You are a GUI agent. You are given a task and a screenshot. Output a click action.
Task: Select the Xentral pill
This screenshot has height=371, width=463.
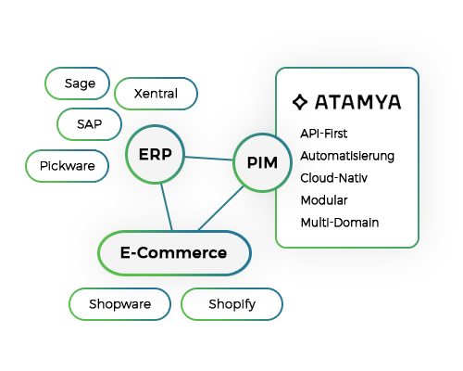tap(156, 94)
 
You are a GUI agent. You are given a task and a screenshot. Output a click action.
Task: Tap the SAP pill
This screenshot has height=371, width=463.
tap(89, 124)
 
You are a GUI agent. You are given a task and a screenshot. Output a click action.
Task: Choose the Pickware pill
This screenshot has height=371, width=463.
tap(67, 166)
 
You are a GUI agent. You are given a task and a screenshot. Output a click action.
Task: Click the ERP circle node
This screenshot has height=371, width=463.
tap(155, 154)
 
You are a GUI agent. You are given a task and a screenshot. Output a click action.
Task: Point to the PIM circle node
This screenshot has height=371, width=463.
tap(262, 162)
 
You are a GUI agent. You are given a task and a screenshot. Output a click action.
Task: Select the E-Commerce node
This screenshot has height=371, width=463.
tap(174, 253)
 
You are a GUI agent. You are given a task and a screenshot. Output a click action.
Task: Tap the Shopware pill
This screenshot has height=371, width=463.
tap(119, 304)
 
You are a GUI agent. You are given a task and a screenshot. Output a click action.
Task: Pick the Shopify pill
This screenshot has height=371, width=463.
tap(231, 304)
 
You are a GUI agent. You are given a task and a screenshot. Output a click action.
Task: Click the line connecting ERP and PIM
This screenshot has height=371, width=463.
tap(209, 159)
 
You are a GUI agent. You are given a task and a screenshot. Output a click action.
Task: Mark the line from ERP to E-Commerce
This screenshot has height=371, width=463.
tap(167, 207)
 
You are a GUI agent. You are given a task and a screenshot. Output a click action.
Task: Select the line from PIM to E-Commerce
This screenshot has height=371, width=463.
tap(221, 209)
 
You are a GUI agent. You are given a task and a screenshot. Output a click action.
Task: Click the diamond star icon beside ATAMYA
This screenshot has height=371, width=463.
tap(300, 102)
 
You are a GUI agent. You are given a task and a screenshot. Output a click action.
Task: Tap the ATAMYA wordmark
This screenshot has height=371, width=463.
tap(357, 102)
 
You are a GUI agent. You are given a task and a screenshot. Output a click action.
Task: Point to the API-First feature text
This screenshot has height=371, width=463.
tap(324, 134)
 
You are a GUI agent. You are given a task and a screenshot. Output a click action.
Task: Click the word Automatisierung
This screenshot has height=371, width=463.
tap(347, 156)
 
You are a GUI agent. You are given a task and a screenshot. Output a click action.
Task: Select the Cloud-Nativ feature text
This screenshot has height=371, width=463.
tap(334, 178)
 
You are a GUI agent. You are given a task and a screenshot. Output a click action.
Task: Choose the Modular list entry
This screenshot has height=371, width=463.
tap(324, 200)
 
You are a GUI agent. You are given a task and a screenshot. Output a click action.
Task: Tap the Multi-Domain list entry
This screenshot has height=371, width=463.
tap(340, 223)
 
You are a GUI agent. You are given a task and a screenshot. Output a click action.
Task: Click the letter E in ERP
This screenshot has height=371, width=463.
tap(144, 154)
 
